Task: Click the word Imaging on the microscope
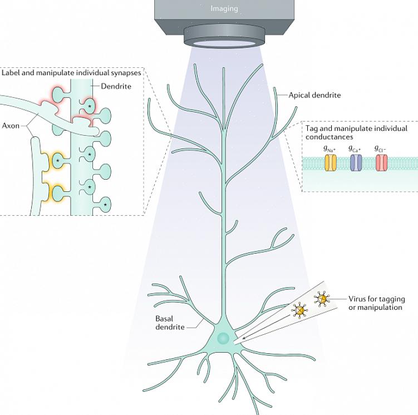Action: coord(224,8)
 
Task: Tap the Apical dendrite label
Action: coord(314,95)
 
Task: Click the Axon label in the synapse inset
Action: coord(11,126)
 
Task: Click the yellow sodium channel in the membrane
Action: coord(330,162)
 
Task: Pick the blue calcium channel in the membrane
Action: coord(355,162)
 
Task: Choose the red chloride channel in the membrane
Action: coord(381,162)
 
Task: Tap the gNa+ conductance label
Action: coord(330,149)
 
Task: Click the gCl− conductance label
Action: coord(380,149)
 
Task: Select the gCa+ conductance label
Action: coord(355,149)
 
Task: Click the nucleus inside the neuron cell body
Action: coord(223,338)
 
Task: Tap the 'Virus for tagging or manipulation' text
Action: coord(376,303)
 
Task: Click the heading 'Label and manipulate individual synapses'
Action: coord(71,73)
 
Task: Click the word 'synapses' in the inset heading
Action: coord(124,73)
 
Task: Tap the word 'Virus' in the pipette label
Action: coord(358,299)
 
